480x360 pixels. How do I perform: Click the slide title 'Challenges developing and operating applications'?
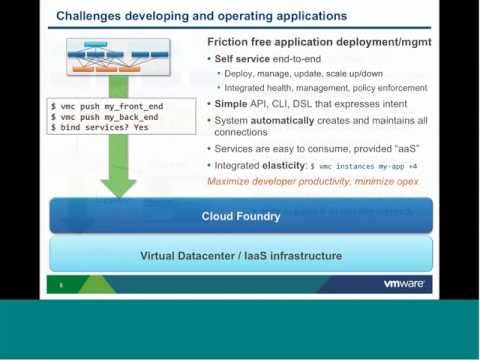tap(202, 16)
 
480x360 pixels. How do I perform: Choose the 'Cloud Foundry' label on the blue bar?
tap(241, 216)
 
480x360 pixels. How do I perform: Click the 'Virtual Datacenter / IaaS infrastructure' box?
tap(241, 255)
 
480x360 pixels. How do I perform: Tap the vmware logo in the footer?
tap(404, 284)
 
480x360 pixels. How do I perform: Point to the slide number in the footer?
tap(60, 285)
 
